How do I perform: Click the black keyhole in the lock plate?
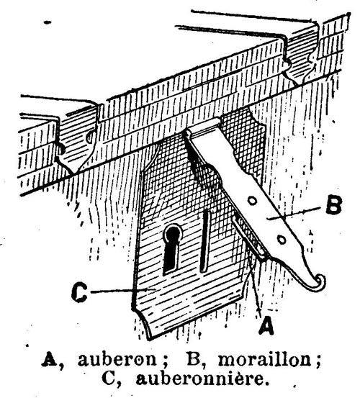173,249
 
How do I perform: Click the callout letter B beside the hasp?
334,205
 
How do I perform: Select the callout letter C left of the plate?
79,292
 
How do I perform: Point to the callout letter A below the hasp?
266,325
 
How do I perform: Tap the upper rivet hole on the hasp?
253,202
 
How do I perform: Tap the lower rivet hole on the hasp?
282,240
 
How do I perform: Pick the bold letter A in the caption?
50,359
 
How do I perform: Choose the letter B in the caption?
194,359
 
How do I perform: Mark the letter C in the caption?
109,379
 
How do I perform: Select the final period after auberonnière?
266,384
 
